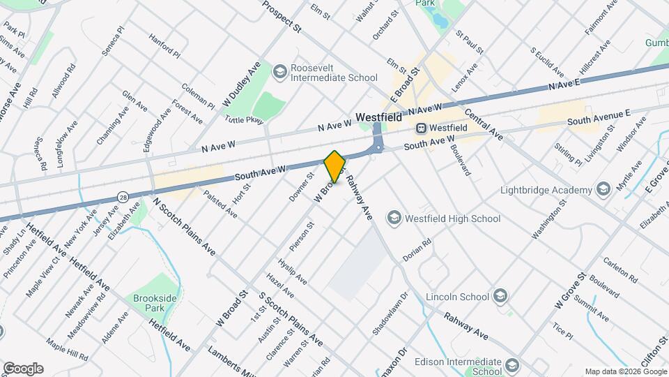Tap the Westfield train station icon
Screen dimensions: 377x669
click(421, 128)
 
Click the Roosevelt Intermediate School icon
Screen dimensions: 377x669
click(279, 72)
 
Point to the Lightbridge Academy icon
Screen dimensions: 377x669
click(603, 190)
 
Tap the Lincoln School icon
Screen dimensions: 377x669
click(500, 296)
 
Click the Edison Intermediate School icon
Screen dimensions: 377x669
click(513, 366)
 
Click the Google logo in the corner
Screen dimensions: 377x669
click(23, 369)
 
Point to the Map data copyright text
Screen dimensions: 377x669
click(625, 371)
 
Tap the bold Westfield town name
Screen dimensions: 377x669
click(378, 118)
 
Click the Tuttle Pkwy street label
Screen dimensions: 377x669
click(244, 120)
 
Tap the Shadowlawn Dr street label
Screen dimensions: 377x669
click(387, 313)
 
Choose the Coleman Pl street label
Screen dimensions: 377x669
click(198, 96)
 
